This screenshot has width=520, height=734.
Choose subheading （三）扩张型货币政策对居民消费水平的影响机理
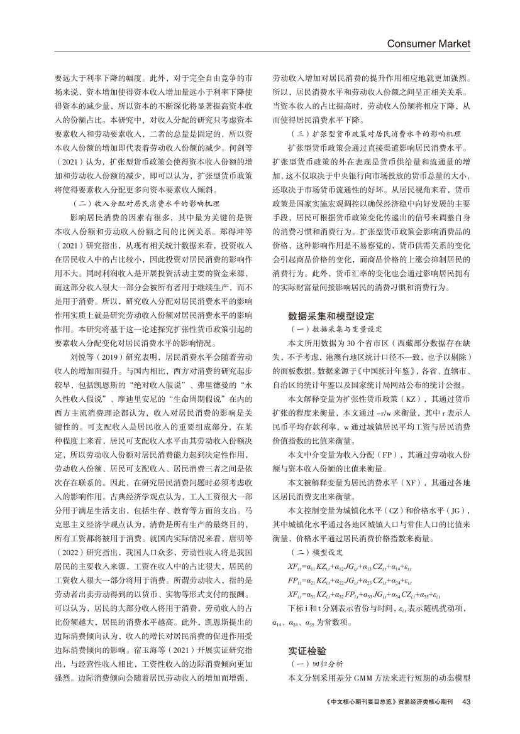click(x=376, y=134)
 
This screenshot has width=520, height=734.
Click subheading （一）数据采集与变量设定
click(x=335, y=328)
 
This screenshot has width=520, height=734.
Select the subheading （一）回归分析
click(x=315, y=663)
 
